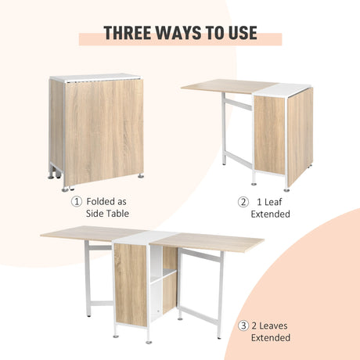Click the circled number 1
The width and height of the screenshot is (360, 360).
point(76,201)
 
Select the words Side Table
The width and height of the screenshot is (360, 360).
point(107,214)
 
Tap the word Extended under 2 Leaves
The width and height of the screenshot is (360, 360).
point(271,338)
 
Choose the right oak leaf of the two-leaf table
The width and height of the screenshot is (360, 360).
point(219,240)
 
